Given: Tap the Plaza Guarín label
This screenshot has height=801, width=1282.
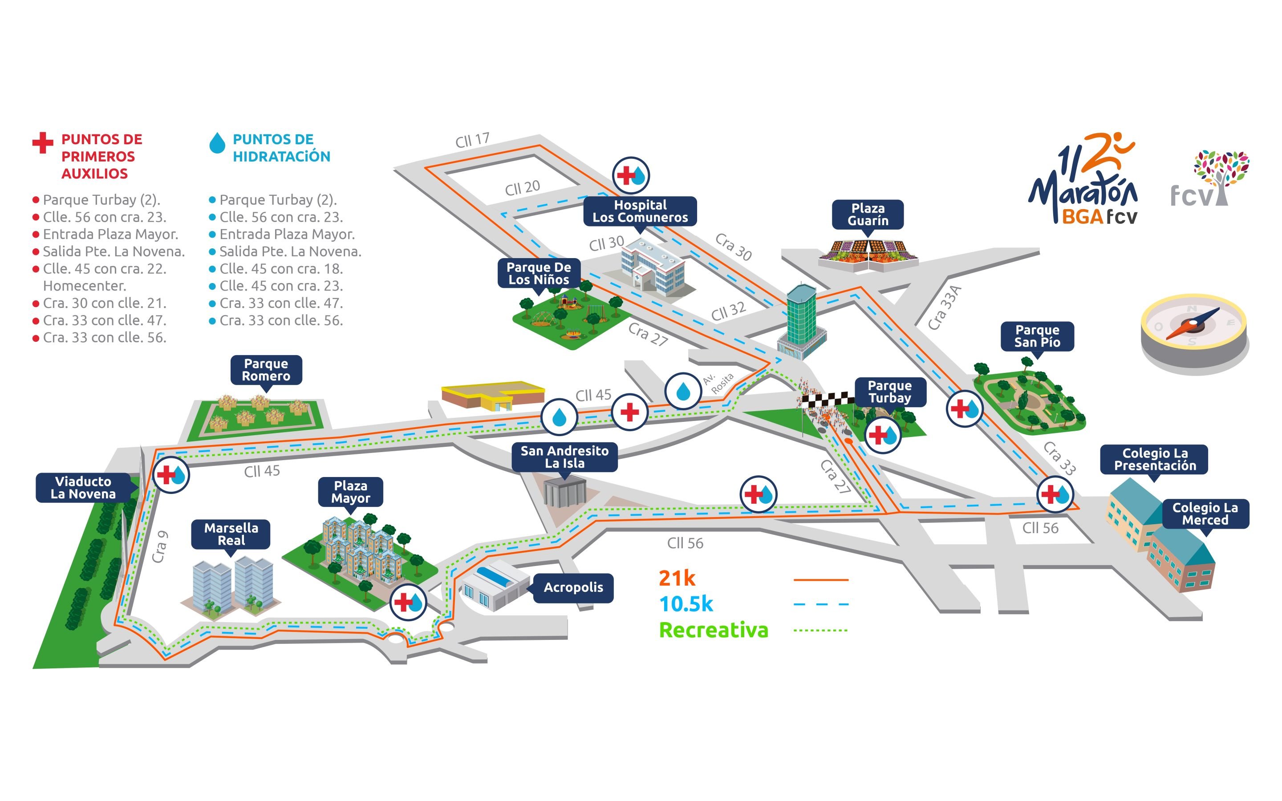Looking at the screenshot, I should [867, 214].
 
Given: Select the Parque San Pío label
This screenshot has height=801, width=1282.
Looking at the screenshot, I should [1037, 336].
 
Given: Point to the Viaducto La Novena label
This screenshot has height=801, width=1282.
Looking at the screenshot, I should [83, 487].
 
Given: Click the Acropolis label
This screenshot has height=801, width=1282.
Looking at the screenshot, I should [573, 587].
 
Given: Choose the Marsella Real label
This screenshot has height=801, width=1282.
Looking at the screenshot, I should [231, 534].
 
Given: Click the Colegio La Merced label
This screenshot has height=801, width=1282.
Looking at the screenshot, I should [1205, 514].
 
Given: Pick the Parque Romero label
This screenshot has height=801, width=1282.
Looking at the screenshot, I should [266, 370].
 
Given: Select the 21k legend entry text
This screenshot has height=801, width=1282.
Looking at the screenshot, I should [677, 578].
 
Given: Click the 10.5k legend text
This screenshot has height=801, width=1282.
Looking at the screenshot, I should [686, 604].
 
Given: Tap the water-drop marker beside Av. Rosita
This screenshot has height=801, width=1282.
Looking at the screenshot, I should [683, 391].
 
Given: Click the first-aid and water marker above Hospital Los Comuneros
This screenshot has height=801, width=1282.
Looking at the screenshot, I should [630, 175].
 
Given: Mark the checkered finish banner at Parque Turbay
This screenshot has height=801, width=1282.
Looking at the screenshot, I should [827, 398].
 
